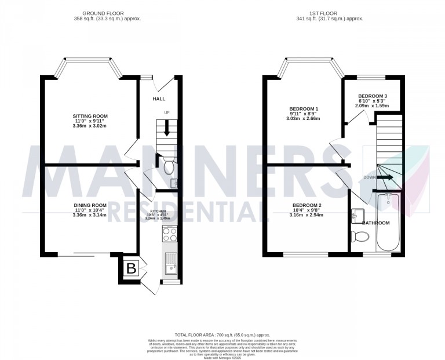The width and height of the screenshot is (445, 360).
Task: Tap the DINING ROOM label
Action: [x=90, y=205]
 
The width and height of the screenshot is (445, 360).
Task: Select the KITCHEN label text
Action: [x=159, y=212]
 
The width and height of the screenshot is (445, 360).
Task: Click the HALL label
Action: [x=159, y=99]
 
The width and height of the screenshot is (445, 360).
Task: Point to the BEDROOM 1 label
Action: [x=304, y=109]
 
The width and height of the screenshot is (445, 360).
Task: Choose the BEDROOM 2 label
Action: [x=307, y=206]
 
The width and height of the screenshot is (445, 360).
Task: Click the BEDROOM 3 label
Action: [x=373, y=96]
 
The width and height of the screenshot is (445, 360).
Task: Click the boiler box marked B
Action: [x=131, y=269]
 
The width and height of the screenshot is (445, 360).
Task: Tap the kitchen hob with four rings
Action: [x=170, y=234]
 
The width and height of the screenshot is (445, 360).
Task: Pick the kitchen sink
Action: [x=172, y=264]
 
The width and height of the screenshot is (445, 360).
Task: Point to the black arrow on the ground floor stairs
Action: [x=167, y=127]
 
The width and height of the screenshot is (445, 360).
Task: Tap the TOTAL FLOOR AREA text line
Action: [x=222, y=335]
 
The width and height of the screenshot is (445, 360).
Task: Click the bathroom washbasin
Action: [x=356, y=216]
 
